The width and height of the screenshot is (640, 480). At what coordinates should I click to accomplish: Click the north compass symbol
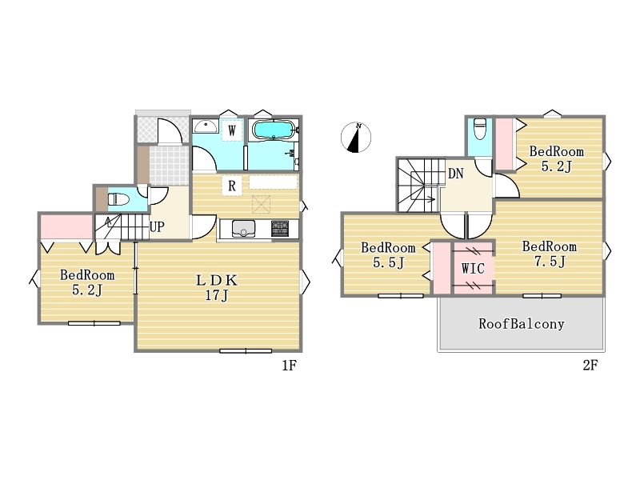click(356, 137)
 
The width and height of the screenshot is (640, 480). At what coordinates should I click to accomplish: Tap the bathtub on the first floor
click(273, 130)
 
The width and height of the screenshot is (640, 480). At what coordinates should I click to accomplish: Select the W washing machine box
click(232, 130)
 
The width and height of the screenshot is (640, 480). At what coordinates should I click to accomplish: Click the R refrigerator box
click(232, 186)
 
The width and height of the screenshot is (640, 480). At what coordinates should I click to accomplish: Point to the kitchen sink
click(244, 229)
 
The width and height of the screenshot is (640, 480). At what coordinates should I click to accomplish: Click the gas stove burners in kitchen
click(280, 228)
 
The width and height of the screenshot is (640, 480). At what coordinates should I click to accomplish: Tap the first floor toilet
click(118, 200)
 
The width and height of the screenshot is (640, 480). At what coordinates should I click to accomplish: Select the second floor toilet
click(480, 129)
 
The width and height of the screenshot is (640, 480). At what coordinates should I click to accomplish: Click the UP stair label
click(157, 226)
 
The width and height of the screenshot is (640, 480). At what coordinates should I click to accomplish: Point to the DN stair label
click(456, 174)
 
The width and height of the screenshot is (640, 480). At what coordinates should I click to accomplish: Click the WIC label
click(473, 268)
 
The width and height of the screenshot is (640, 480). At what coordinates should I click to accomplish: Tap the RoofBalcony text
click(522, 324)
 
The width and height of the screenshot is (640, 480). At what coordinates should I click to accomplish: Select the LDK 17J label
click(217, 287)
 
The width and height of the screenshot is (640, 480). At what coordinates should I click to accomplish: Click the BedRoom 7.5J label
click(550, 254)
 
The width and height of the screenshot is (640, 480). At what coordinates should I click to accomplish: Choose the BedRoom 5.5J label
click(388, 254)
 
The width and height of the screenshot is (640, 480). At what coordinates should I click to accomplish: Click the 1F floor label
click(289, 366)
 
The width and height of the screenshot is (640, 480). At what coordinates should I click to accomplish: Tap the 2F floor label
click(590, 366)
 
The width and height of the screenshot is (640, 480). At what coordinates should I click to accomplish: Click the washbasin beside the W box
click(206, 126)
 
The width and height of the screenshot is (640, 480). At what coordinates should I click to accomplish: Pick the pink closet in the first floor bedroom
click(66, 226)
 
